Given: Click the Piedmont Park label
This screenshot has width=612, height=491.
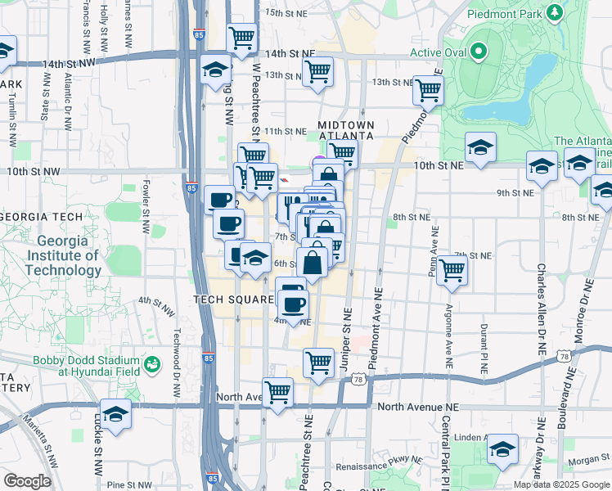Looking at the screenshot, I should point(501,14).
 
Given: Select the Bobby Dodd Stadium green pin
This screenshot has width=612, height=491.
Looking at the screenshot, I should point(151,363).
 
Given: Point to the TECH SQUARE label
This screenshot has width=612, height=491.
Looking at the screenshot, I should point(232,300).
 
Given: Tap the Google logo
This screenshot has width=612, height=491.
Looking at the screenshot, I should point(27,481).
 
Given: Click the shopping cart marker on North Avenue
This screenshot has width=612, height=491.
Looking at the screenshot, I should point(278,392).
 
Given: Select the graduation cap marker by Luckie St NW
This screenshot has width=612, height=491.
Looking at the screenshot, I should point(115,413).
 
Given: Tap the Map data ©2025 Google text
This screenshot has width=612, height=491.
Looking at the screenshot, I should point(560,484).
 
